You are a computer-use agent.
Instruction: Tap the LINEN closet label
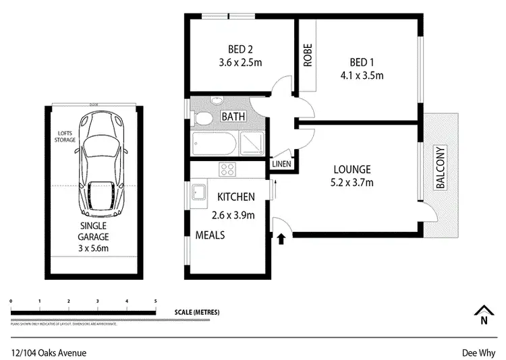point(281,164)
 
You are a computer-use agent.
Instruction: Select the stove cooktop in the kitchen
point(227,170)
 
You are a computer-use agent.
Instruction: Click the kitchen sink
point(199,192)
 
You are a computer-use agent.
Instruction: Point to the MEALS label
point(210,235)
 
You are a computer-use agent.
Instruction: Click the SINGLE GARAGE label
point(94,233)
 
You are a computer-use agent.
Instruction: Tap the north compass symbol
point(482,314)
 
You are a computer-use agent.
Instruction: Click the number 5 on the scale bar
point(156,301)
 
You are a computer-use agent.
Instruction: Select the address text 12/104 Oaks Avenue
point(49,352)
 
